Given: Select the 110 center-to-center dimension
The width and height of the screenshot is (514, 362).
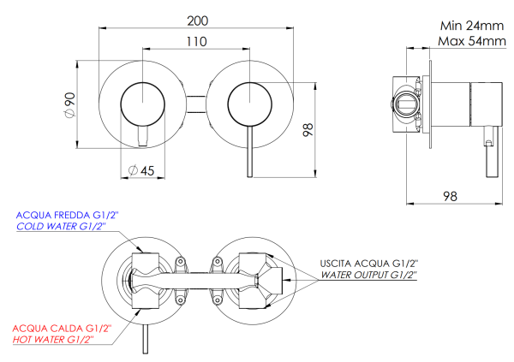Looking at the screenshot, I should tap(197, 41).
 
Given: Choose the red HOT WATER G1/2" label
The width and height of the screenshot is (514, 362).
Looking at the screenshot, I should tap(53, 340).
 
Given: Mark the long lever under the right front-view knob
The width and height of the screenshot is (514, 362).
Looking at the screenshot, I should tap(249, 154).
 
